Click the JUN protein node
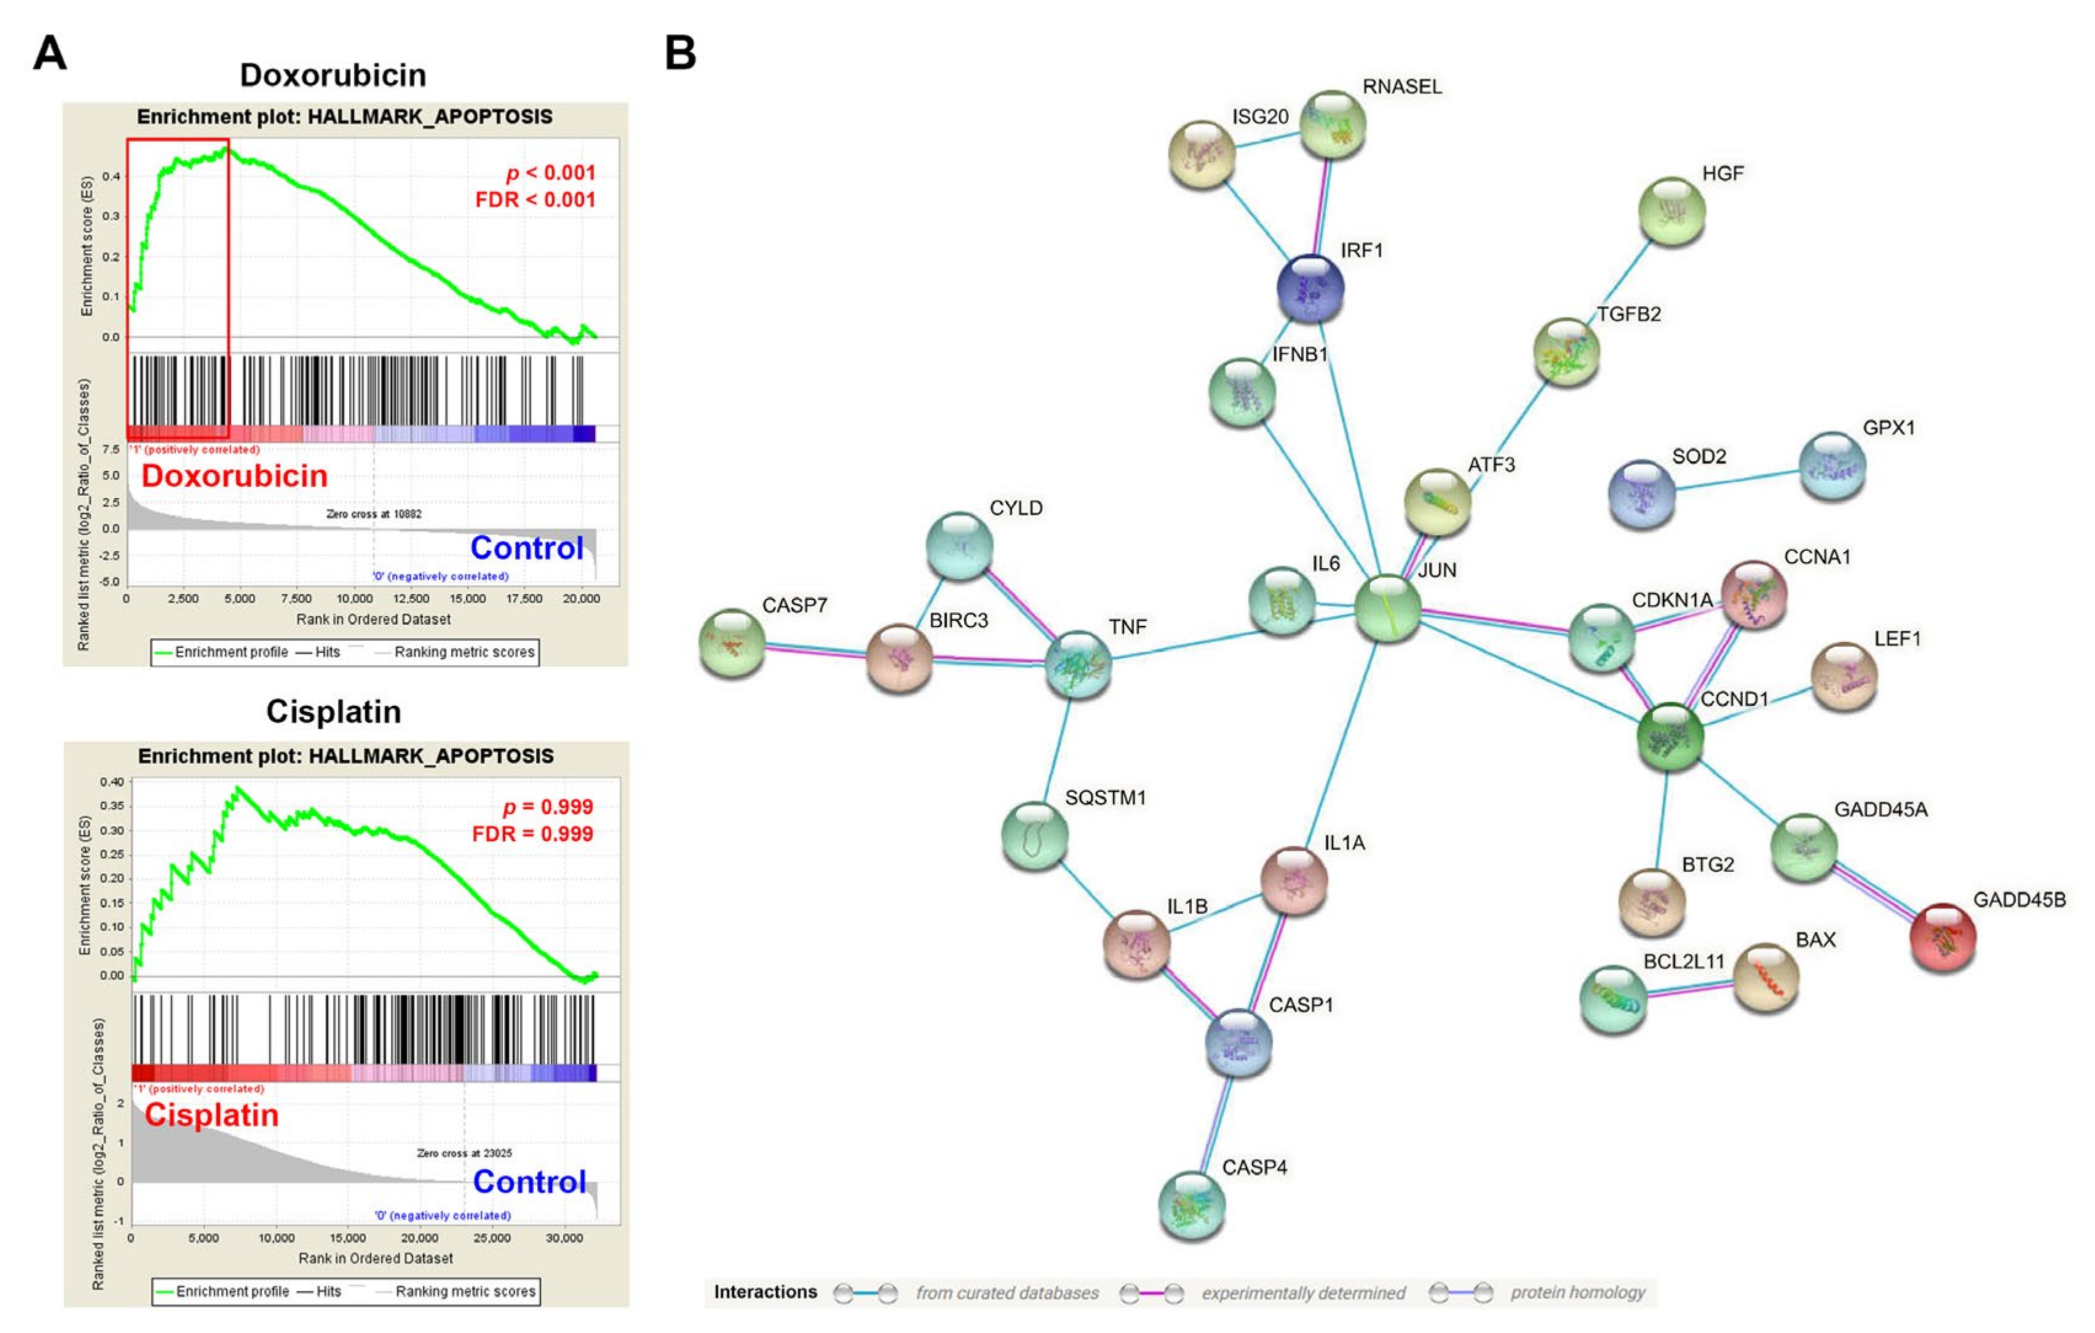pos(1387,608)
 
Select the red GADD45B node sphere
pos(1942,937)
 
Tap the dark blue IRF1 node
pos(1310,288)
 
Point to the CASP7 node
pos(733,643)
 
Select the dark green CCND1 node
pos(1669,737)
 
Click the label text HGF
pos(1723,173)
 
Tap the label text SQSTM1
pos(1105,798)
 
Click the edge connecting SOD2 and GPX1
pos(1736,481)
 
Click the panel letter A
pos(50,54)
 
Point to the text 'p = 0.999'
pos(548,806)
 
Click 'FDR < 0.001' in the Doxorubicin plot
pos(535,199)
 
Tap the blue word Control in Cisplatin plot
pos(529,1182)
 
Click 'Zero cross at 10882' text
pos(374,514)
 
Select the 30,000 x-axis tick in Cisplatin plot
pos(564,1237)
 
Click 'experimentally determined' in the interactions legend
pos(1302,1293)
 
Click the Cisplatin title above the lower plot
pos(333,712)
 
